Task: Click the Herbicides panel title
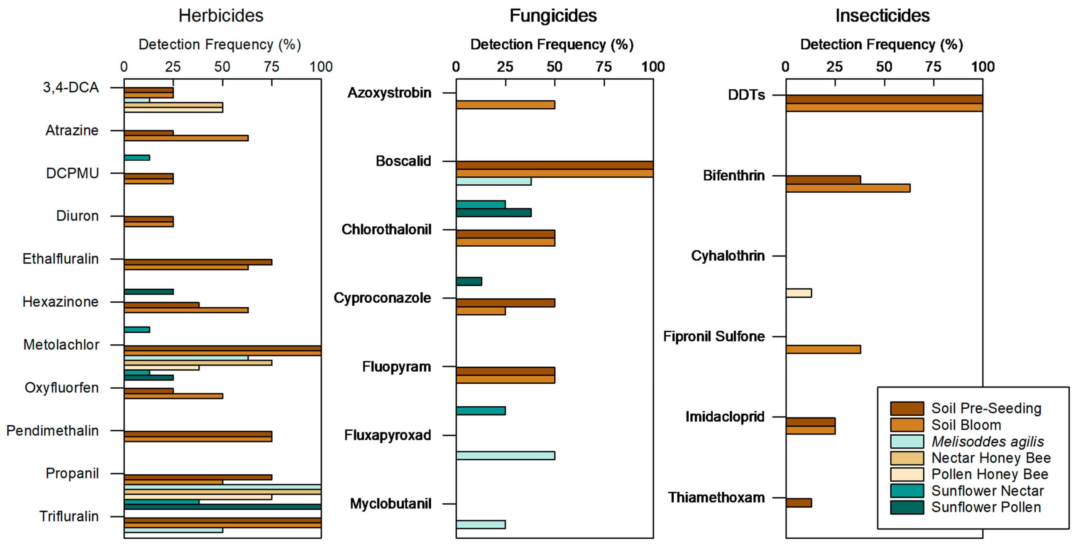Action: (x=221, y=16)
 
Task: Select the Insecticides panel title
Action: (x=882, y=16)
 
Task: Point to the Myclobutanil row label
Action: (x=390, y=504)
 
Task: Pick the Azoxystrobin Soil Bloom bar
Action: (x=505, y=105)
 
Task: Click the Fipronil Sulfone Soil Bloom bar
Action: (x=823, y=349)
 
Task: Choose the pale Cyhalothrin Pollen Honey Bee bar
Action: (x=798, y=293)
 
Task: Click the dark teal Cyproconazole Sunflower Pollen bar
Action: (x=469, y=281)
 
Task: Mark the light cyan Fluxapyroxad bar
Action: (x=505, y=455)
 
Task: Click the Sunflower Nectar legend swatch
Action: (x=907, y=491)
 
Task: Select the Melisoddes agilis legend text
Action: (x=987, y=441)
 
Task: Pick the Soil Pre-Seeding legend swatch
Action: (x=907, y=408)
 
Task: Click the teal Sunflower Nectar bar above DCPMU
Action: (x=137, y=158)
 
